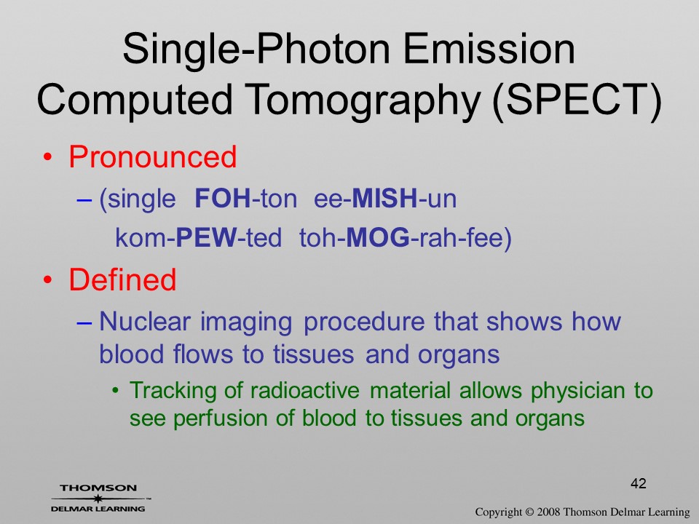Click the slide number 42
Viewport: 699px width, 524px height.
point(639,483)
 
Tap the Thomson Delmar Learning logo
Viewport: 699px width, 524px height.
point(99,498)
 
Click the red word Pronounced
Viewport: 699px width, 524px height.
point(152,157)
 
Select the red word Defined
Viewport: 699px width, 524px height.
point(122,279)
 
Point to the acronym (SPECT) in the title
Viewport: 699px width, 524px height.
point(577,100)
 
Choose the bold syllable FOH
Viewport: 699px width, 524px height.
point(223,198)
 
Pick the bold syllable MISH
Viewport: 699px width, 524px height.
point(384,198)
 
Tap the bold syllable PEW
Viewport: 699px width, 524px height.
point(206,237)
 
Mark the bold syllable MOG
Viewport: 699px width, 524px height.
point(378,237)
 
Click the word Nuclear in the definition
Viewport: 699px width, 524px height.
point(145,321)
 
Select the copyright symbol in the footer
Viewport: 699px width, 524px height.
point(529,512)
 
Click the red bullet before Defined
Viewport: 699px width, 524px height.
point(48,280)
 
